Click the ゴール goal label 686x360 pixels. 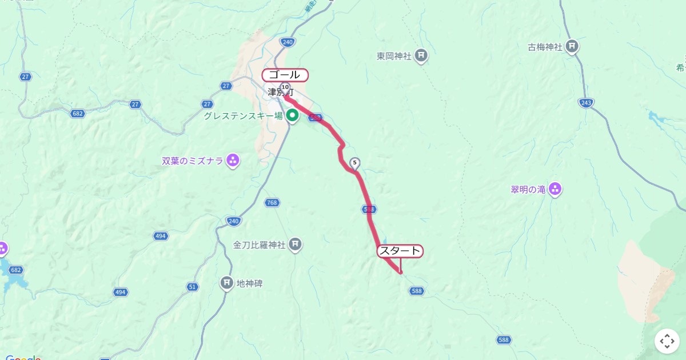coord(285,75)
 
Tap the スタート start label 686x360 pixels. coord(400,251)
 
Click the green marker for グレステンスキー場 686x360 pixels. coord(293,116)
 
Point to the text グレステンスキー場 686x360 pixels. coord(244,116)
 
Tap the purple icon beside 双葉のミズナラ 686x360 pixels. coord(233,161)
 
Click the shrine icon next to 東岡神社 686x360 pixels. coord(421,55)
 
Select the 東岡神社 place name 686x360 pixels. coord(394,56)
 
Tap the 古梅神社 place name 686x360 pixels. coord(545,47)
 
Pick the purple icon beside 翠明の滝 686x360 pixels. coord(555,189)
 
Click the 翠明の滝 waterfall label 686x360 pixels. coord(528,190)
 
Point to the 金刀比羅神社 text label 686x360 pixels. coord(258,245)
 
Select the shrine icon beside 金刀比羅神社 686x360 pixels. coord(295,245)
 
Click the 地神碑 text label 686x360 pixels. coord(249,283)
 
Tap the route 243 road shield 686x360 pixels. coord(586,102)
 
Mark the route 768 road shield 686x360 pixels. coord(272,202)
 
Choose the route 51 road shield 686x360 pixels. coord(193,287)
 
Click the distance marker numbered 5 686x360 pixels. coord(355,163)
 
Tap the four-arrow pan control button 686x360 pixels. coord(667,341)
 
